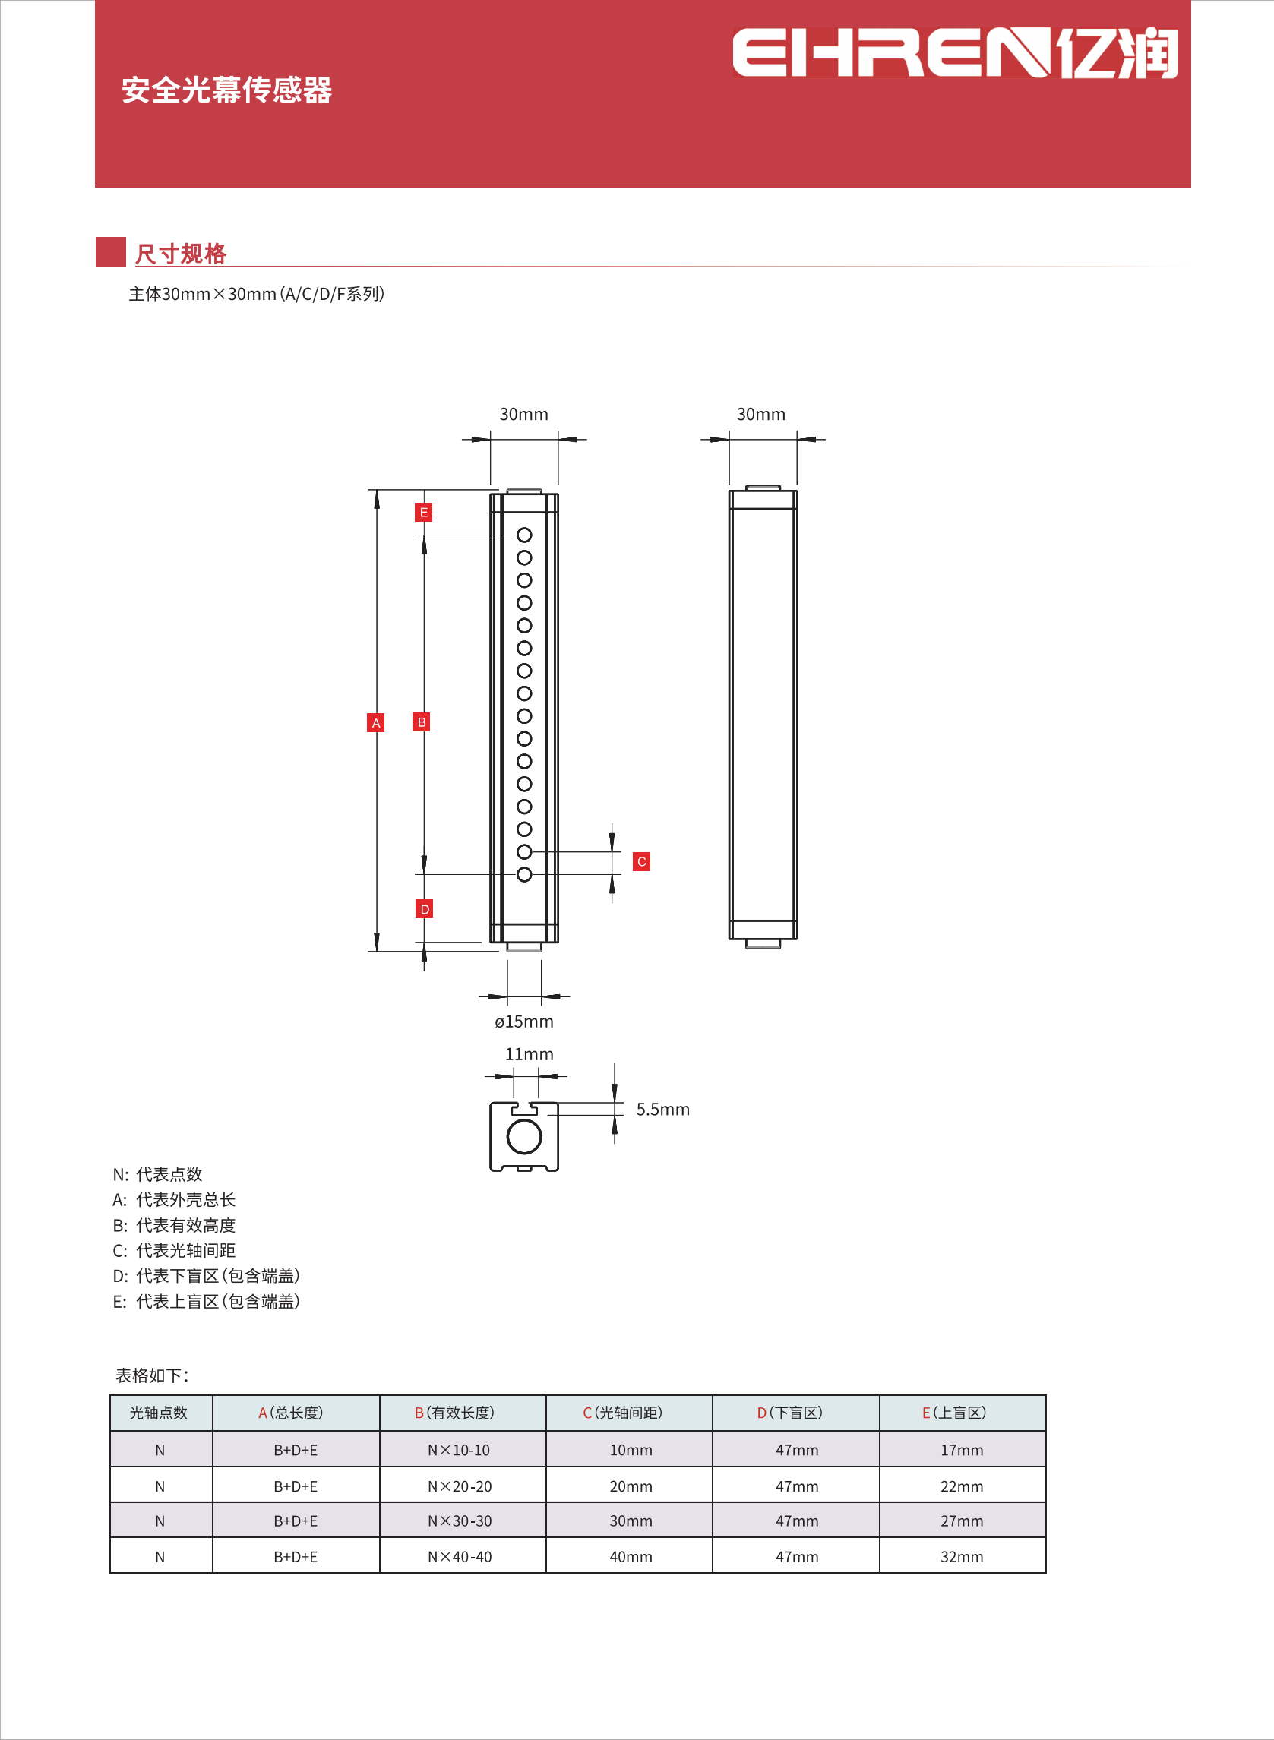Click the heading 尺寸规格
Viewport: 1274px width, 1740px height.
coord(181,254)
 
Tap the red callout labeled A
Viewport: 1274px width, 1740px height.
coord(375,722)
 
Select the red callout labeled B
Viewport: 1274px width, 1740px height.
coord(421,722)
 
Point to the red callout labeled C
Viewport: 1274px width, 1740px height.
coord(641,861)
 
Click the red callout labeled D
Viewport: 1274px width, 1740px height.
coord(424,909)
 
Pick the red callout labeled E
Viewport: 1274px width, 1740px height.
coord(423,512)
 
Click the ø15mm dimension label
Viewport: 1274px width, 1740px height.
coord(523,1022)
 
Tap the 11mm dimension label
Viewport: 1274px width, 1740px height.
coord(528,1054)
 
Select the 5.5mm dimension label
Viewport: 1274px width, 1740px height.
coord(662,1110)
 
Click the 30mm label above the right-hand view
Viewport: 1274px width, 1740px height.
coord(760,414)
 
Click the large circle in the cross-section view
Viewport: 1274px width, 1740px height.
coord(524,1136)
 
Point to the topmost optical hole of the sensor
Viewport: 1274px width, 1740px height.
coord(524,534)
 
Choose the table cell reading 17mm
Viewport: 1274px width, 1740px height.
coord(962,1450)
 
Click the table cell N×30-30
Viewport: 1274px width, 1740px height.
coord(460,1521)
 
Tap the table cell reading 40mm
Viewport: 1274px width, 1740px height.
coord(631,1556)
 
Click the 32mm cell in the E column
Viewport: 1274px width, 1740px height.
coord(962,1556)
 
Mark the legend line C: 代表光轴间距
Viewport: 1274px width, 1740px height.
coord(174,1250)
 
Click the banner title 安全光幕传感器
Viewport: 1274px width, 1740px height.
coord(226,90)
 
